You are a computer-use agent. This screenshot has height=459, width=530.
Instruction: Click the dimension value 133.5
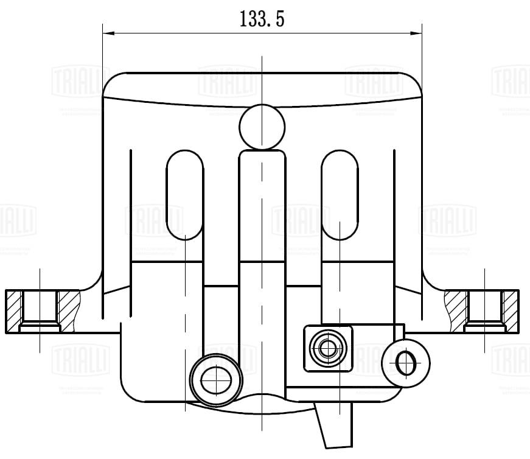tap(262, 19)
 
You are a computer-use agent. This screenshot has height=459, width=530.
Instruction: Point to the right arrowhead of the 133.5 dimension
tap(417, 33)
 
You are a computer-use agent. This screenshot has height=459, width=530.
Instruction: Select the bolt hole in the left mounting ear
tap(40, 310)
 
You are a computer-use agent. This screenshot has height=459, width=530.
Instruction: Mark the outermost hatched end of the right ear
tap(511, 311)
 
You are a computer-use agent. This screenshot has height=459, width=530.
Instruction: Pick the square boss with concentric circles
tap(328, 349)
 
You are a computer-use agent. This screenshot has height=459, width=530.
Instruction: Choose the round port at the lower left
tap(214, 379)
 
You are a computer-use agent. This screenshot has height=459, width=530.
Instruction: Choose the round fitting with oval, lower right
tap(405, 363)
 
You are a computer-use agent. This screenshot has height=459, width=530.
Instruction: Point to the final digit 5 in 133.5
tap(280, 19)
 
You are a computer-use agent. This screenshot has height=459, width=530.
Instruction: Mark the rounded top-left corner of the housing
tap(113, 82)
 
